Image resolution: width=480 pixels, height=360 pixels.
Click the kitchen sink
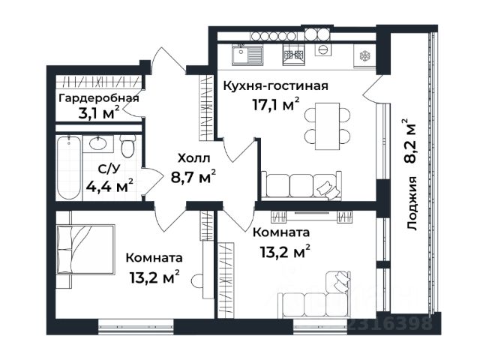(x=247, y=55)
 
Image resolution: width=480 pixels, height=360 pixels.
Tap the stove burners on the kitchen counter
(x=294, y=55)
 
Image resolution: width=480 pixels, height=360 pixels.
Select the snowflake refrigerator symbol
(x=364, y=55)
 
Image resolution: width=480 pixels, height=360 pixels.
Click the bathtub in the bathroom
(x=69, y=168)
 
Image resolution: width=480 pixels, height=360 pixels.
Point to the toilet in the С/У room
(x=127, y=146)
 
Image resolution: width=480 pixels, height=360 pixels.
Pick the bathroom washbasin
(x=98, y=143)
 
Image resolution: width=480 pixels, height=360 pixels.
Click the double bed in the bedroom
(x=85, y=250)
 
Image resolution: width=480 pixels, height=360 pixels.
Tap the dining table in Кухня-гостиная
(x=328, y=126)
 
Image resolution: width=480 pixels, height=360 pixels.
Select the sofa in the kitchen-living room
(x=301, y=185)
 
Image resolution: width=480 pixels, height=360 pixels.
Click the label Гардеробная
(x=98, y=98)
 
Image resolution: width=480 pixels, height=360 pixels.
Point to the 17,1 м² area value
(x=275, y=105)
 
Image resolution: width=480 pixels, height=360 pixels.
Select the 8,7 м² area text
(x=193, y=176)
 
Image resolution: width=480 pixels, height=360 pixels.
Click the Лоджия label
(x=412, y=203)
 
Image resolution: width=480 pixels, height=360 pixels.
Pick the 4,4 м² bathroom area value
(x=109, y=185)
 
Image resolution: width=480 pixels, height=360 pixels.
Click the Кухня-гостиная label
(x=275, y=86)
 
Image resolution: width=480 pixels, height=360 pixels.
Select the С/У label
(x=109, y=169)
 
